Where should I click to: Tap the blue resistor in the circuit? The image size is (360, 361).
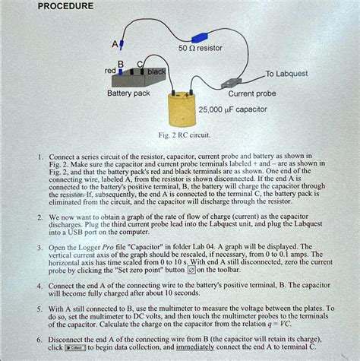(200, 36)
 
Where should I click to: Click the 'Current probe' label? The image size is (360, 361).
(251, 94)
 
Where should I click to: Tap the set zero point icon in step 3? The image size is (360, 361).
(191, 270)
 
